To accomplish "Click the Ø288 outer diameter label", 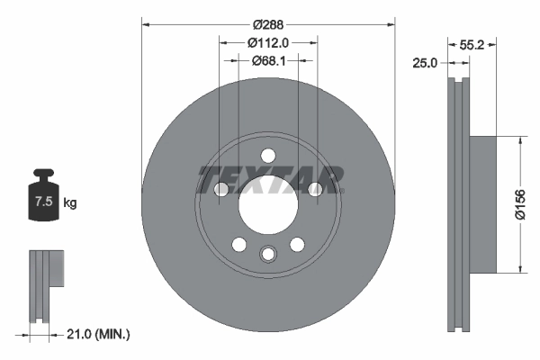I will (x=268, y=24).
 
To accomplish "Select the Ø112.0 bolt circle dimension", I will (x=268, y=41).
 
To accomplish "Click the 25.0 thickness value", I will (x=427, y=63).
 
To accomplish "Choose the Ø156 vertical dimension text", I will (x=519, y=204).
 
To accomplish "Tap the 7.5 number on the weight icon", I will (x=42, y=202).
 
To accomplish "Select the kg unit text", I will (x=70, y=203).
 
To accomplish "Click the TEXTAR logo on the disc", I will (x=269, y=179).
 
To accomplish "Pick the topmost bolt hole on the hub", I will (x=268, y=154).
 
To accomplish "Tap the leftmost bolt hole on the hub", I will (x=221, y=188).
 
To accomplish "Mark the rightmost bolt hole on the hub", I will (x=315, y=188).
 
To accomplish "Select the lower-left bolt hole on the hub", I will (x=238, y=244).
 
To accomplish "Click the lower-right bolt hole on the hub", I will (x=297, y=244).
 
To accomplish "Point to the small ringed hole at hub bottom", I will (x=267, y=255).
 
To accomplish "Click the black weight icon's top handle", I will (x=42, y=174).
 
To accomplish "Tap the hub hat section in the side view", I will (x=483, y=204).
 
